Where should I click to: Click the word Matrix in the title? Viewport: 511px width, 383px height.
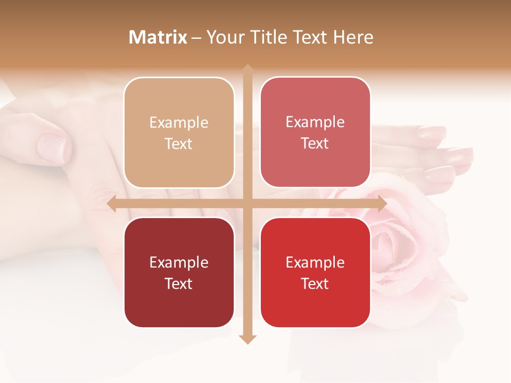[158, 37]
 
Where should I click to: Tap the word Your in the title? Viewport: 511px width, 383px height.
[224, 37]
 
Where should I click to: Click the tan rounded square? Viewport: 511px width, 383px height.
[179, 133]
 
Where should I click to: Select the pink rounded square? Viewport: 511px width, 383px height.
[315, 132]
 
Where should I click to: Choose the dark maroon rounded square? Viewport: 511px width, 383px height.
[179, 273]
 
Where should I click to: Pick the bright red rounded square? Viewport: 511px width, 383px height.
[315, 273]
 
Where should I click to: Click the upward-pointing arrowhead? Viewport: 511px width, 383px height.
[248, 69]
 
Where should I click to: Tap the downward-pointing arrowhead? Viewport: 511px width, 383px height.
[248, 339]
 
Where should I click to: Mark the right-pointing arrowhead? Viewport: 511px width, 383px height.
[382, 204]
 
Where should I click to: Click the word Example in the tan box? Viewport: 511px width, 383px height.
[179, 122]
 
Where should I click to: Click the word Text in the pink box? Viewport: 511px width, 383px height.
[315, 143]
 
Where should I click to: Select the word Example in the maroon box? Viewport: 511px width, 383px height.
[179, 262]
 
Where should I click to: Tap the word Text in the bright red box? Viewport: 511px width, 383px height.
[315, 284]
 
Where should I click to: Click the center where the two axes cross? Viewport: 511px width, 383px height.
[248, 204]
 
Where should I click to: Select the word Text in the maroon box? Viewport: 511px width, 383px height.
[179, 284]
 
